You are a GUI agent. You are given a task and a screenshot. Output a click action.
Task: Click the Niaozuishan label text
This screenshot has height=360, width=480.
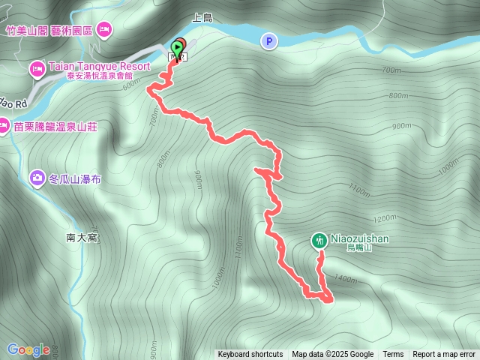click(x=359, y=238)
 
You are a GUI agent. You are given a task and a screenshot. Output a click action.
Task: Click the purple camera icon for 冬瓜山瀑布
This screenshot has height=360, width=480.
click(x=37, y=178)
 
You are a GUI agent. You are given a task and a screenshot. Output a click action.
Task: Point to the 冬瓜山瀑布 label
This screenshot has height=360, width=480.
click(x=75, y=179)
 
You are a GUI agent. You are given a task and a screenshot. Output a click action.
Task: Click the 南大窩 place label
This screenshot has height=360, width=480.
click(x=82, y=238)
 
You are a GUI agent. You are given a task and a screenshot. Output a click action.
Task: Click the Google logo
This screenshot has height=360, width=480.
click(x=28, y=349)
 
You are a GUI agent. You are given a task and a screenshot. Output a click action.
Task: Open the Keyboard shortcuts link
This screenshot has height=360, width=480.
click(x=250, y=355)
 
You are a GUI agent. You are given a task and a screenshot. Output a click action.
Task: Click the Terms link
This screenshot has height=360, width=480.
click(x=393, y=355)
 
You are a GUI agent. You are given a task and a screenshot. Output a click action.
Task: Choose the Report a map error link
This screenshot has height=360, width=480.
click(x=444, y=355)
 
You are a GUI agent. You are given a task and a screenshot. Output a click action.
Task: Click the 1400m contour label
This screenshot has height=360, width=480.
click(x=346, y=279)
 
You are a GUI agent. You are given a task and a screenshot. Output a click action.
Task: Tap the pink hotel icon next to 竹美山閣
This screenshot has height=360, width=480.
click(x=104, y=28)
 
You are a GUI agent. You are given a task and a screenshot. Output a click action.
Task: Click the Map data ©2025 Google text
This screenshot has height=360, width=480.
click(x=332, y=355)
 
